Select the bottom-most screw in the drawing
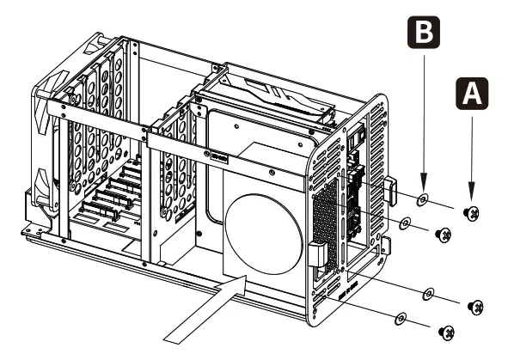coord(446,331)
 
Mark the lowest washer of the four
coord(400,319)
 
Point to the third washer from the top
coord(427,295)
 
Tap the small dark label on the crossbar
coord(219,156)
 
